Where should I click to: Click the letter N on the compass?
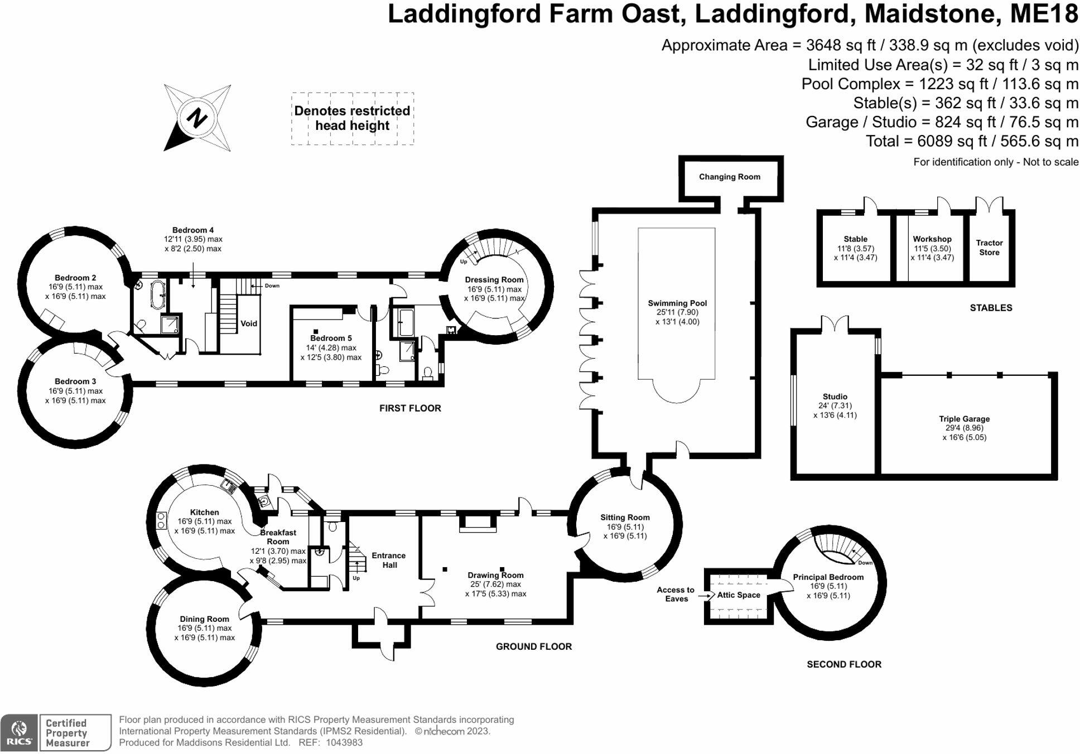[196, 118]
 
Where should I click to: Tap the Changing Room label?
[729, 177]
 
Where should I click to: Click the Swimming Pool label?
[677, 303]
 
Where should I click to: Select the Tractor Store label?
[989, 248]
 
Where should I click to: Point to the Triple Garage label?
[963, 419]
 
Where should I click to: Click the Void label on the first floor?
[249, 323]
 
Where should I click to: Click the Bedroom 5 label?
[331, 338]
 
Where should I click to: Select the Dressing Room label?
[494, 280]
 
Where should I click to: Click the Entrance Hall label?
[389, 560]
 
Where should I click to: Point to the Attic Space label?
[738, 595]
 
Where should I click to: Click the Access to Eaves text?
[676, 594]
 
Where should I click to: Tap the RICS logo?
[20, 732]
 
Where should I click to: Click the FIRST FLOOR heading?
[410, 408]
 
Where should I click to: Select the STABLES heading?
[990, 308]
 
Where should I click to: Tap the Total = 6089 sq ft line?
[971, 141]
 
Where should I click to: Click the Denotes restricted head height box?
[352, 119]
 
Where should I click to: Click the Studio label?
[835, 397]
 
